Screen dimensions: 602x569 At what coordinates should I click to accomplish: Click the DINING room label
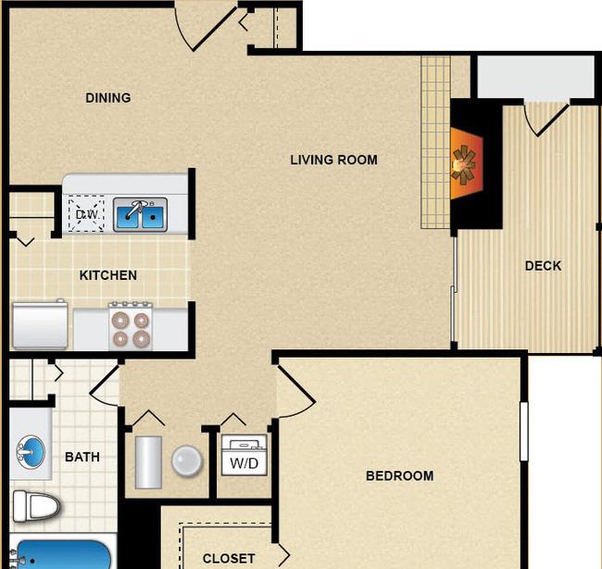pos(107,98)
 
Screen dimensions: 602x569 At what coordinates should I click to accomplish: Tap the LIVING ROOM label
pos(333,159)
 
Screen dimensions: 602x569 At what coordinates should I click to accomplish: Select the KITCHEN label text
pos(107,275)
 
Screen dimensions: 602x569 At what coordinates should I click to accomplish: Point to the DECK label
pos(543,266)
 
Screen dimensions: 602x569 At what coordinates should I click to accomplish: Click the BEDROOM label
pos(400,476)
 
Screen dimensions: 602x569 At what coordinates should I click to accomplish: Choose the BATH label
pos(82,457)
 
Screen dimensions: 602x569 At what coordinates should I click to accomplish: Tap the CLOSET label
pos(229,558)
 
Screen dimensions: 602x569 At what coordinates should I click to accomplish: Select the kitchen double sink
pos(140,215)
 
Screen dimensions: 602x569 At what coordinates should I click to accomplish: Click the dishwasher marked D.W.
pos(86,214)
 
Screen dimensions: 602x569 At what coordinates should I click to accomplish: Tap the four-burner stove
pos(131,326)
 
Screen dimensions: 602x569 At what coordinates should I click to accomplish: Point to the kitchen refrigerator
pos(40,324)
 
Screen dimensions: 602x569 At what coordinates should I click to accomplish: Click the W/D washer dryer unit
pos(245,455)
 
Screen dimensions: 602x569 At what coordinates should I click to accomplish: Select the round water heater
pos(186,461)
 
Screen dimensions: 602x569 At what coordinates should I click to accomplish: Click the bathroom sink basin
pos(31,452)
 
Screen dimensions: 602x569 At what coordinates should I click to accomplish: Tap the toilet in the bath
pos(36,506)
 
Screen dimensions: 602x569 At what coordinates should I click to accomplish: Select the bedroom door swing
pos(295,391)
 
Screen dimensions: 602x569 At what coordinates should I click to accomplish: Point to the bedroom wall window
pos(523,431)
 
